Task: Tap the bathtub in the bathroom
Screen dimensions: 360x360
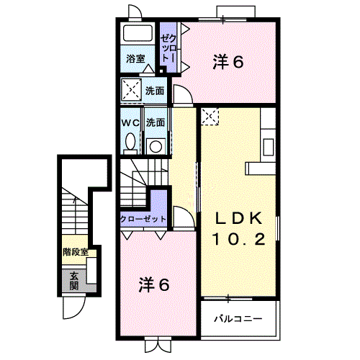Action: coord(137,34)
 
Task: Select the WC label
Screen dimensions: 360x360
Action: coord(130,123)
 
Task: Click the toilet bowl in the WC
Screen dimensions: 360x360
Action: coord(130,143)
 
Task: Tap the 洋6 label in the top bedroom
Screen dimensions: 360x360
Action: coord(228,63)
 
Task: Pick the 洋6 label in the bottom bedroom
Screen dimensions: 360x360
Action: coord(153,284)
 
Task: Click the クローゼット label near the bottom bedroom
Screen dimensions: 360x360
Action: coord(143,219)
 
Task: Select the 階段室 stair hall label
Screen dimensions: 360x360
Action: coord(76,252)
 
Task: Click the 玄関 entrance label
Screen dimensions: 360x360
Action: coord(74,280)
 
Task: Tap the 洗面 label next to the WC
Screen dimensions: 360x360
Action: coord(155,123)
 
